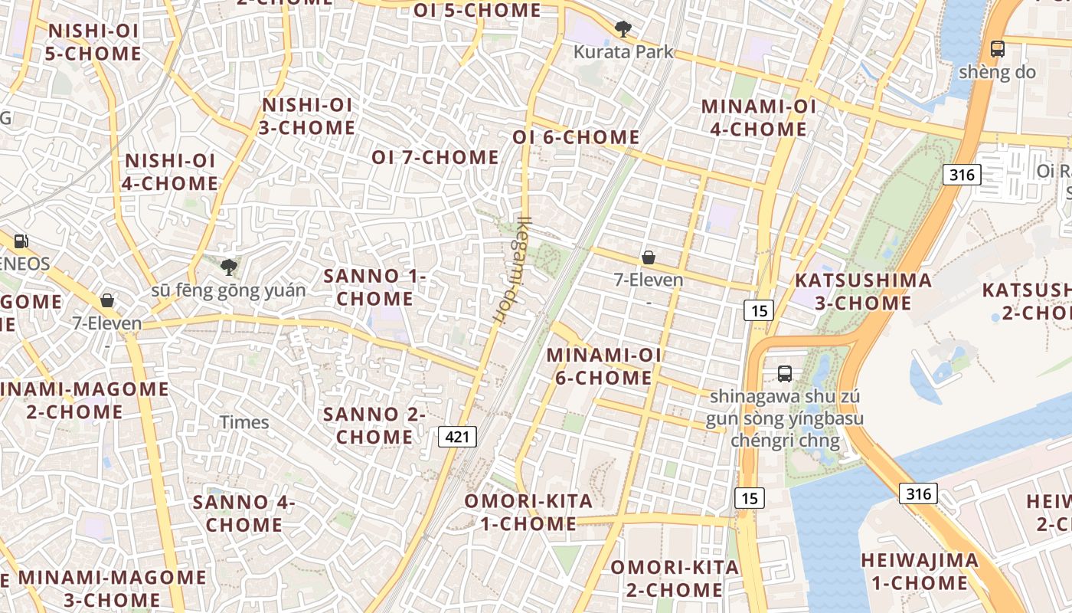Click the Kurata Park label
[x=624, y=52]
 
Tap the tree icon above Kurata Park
[x=623, y=30]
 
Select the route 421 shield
[x=458, y=437]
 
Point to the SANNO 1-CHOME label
[x=374, y=287]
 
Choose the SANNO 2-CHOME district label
[x=374, y=426]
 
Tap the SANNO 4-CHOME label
[x=243, y=514]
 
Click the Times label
[x=245, y=422]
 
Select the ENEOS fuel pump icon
[x=21, y=241]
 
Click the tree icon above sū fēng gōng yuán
[x=228, y=267]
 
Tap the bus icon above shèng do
[x=997, y=49]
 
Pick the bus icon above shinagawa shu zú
[x=785, y=374]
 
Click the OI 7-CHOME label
[x=435, y=158]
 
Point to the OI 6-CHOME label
[x=576, y=137]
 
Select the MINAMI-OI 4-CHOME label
[x=759, y=118]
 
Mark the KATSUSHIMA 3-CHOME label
[x=863, y=292]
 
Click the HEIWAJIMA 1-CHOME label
[x=920, y=572]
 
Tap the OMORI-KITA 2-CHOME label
[x=675, y=579]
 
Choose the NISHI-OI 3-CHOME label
[x=307, y=116]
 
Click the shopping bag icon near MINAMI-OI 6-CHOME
[x=649, y=257]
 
